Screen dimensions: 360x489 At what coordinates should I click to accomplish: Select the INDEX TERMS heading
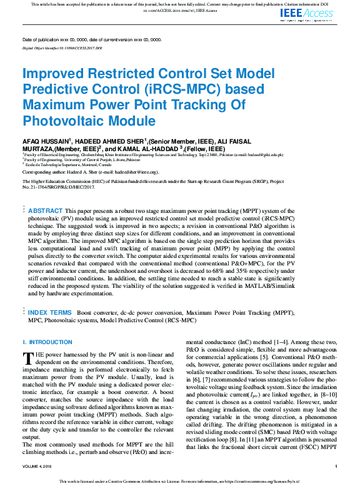(49, 312)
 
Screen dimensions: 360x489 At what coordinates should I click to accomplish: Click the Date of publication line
(91, 39)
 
